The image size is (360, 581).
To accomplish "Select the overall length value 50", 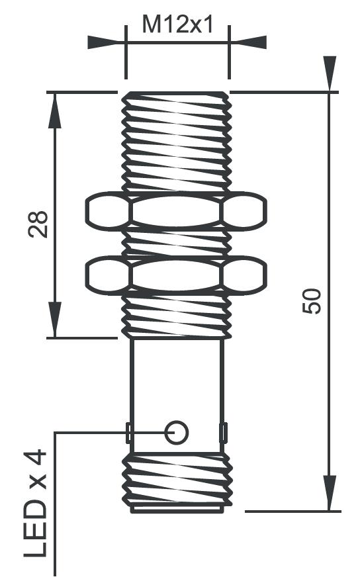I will coord(312,301).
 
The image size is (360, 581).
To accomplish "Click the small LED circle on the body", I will coord(177,432).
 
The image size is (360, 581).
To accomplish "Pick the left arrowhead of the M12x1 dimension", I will coord(106,42).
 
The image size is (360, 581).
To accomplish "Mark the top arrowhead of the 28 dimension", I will coord(55,109).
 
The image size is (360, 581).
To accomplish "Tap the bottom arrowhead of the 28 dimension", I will coord(55,320).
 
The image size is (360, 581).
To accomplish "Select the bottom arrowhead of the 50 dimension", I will coord(329,493).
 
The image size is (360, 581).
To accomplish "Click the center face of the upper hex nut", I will coord(176,211).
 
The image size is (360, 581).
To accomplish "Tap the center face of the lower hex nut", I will coord(176,275).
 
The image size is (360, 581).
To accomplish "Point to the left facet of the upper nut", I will coord(107,211).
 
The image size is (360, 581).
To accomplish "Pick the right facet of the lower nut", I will coord(245,275).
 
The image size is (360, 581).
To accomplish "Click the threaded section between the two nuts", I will coord(176,244).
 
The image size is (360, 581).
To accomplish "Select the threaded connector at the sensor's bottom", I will coord(177,481).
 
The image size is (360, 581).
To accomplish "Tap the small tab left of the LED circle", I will coord(129,433).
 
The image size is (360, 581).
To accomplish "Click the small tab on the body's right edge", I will coord(224,433).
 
